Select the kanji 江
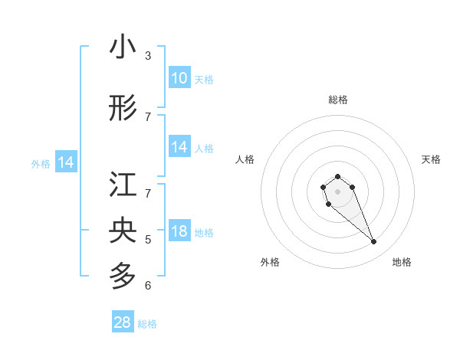point(123,186)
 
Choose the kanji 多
point(123,273)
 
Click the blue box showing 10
point(179,78)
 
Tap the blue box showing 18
point(179,232)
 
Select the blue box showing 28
point(123,322)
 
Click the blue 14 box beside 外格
point(66,162)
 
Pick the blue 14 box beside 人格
point(179,148)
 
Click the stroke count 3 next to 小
point(148,55)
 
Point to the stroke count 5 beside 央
point(148,240)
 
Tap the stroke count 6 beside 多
point(148,286)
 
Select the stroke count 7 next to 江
point(148,193)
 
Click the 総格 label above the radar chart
point(338,100)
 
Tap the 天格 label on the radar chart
point(431,159)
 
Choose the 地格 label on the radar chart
point(402,262)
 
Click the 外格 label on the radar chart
point(270,262)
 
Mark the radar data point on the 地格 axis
point(374,242)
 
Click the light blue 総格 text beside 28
point(147,324)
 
